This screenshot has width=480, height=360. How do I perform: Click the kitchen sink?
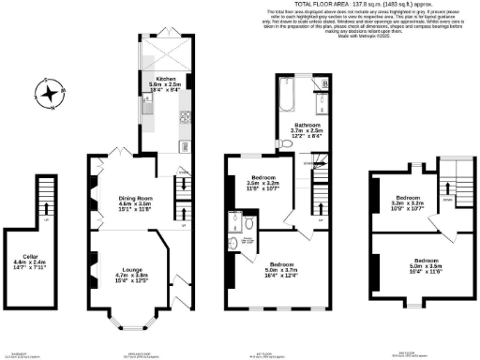147,111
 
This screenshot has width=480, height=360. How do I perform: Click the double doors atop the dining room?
116,154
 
